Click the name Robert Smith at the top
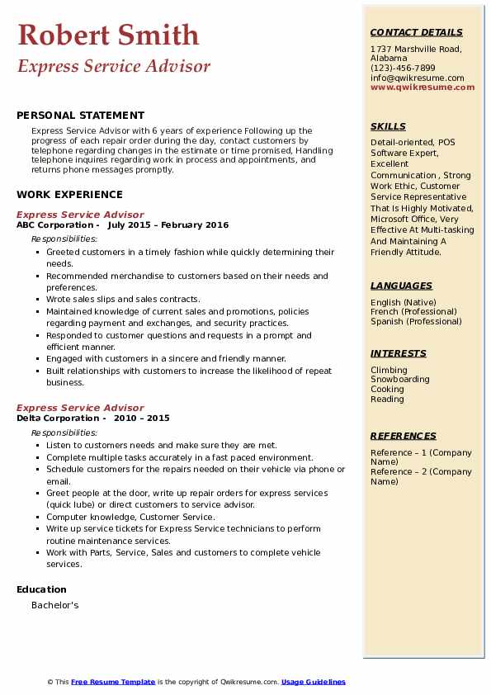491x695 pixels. (x=108, y=35)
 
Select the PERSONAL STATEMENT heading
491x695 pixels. (x=80, y=116)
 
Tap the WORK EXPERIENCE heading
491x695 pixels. (x=69, y=195)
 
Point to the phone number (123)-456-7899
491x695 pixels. (x=403, y=69)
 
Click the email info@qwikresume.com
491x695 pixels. (x=417, y=78)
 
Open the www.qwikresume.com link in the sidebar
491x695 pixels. (x=417, y=87)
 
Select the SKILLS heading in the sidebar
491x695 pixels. (x=388, y=126)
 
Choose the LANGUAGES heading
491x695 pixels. (x=401, y=286)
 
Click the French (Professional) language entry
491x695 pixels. (x=416, y=312)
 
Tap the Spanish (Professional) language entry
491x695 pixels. (x=416, y=321)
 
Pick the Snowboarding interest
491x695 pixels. (x=399, y=380)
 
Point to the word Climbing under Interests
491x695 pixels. (x=389, y=370)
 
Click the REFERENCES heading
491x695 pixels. (x=403, y=436)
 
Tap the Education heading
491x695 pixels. (x=41, y=589)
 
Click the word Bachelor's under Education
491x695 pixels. (x=54, y=605)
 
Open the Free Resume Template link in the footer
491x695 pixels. (x=113, y=682)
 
